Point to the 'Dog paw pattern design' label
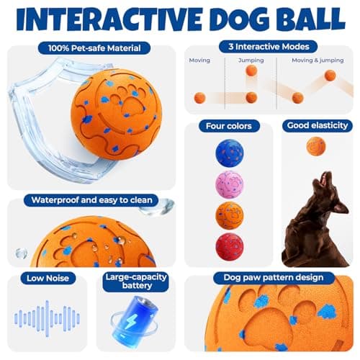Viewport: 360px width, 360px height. pyautogui.click(x=268, y=278)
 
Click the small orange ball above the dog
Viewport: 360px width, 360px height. pyautogui.click(x=315, y=146)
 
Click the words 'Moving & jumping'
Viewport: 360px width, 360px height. pyautogui.click(x=318, y=60)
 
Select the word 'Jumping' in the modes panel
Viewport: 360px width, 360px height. pyautogui.click(x=251, y=60)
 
